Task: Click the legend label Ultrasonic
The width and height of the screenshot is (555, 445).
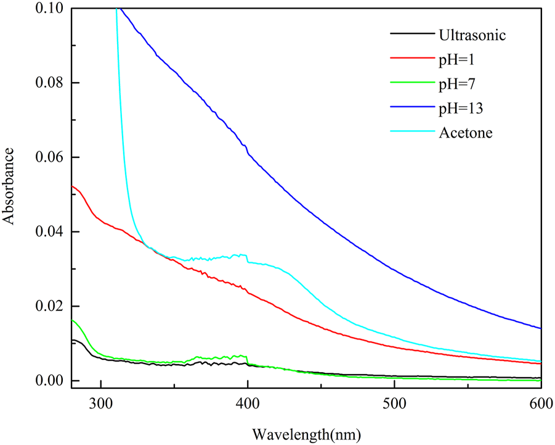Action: (x=472, y=35)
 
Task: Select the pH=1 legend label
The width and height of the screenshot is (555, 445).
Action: (x=456, y=60)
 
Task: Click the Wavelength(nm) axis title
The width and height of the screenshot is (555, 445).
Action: (x=306, y=433)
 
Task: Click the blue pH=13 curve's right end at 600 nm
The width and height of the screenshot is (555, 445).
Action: (x=540, y=328)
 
